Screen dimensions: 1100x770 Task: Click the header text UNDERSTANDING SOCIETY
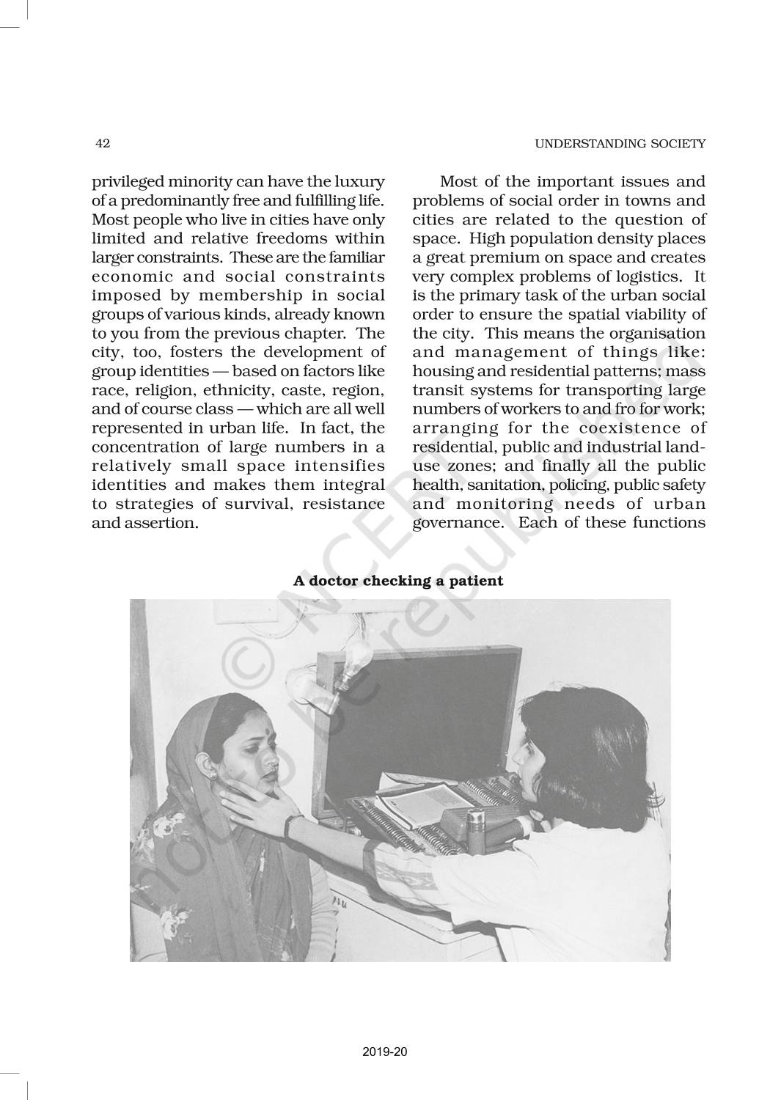(x=620, y=144)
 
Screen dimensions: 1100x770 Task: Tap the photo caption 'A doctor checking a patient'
(x=398, y=581)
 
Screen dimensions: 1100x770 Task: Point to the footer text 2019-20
(x=384, y=1052)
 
